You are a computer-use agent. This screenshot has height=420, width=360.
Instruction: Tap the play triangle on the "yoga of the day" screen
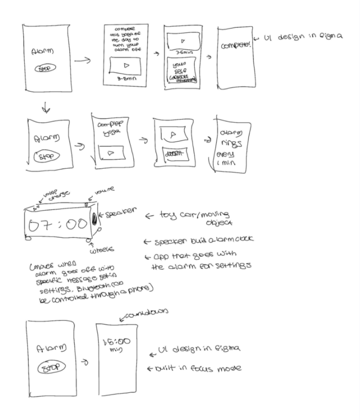[125, 66]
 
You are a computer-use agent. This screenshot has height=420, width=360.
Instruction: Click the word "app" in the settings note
[159, 256]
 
